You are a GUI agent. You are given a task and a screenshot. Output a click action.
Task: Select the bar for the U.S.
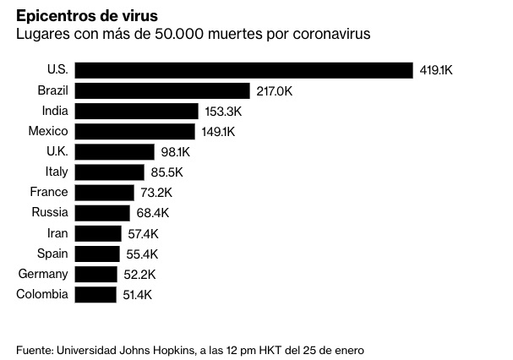tap(243, 70)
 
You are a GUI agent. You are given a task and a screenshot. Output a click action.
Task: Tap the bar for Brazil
tap(162, 90)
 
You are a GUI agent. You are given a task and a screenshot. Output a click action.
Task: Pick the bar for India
tap(137, 111)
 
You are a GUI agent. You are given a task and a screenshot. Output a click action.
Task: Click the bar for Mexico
tap(136, 131)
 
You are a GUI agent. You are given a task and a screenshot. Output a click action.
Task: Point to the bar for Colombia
tap(96, 294)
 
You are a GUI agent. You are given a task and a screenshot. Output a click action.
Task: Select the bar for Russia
tap(102, 213)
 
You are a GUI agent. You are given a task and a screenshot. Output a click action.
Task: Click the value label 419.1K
tap(437, 70)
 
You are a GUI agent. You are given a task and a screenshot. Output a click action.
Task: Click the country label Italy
tap(57, 172)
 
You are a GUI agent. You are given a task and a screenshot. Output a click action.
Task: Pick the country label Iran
tap(57, 233)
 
